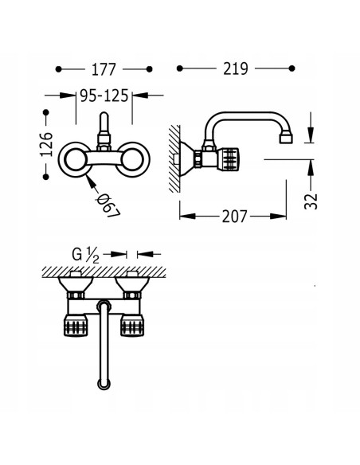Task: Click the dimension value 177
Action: [x=104, y=70]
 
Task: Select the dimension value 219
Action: [x=236, y=68]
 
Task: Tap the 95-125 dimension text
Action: [x=104, y=96]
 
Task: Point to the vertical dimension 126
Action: [x=46, y=144]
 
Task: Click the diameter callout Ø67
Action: [x=108, y=205]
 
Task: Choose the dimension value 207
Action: [x=234, y=217]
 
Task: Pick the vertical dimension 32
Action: [x=311, y=201]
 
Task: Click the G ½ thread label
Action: [x=85, y=255]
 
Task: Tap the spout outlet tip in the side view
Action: [x=286, y=139]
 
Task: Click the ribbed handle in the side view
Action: [x=229, y=159]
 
